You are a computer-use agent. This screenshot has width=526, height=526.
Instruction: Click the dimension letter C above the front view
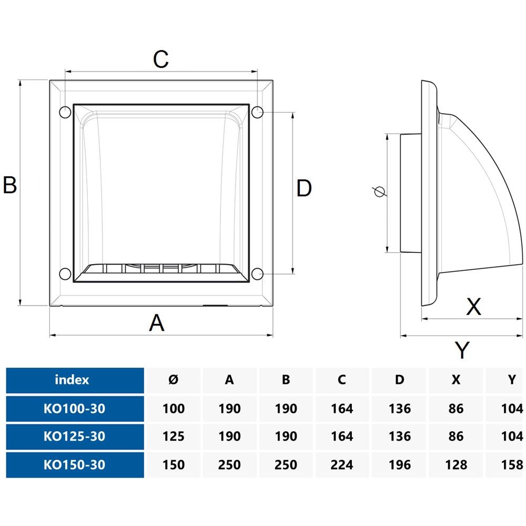pos(160,59)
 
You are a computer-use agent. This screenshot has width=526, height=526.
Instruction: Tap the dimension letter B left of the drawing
pos(10,186)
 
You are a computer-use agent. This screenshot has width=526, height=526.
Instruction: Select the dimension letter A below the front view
pos(157,322)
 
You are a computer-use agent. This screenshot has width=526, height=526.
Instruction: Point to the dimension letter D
pos(304,188)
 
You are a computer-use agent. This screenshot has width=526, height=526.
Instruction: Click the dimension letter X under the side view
pos(474,306)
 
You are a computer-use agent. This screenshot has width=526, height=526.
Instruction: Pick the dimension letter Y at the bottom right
pos(462,350)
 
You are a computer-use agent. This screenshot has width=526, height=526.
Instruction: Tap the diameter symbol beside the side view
pos(379,192)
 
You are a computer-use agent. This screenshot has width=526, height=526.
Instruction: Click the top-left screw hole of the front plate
pos(65,112)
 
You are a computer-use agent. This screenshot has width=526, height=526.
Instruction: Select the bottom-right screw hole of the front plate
pos(257,274)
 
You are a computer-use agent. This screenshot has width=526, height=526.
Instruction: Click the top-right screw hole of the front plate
pos(257,112)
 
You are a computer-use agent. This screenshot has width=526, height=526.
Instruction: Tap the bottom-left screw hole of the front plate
pos(65,274)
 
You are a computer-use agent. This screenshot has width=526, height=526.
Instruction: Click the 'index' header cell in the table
pos(72,380)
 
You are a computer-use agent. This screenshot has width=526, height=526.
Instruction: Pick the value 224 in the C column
pos(342,465)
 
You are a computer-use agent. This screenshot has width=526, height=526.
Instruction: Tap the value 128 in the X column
pos(456,465)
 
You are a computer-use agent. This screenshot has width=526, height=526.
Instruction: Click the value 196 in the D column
pos(399,465)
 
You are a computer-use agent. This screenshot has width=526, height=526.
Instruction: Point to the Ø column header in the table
pos(174,380)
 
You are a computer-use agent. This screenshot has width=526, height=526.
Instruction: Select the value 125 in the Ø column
pos(174,437)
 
